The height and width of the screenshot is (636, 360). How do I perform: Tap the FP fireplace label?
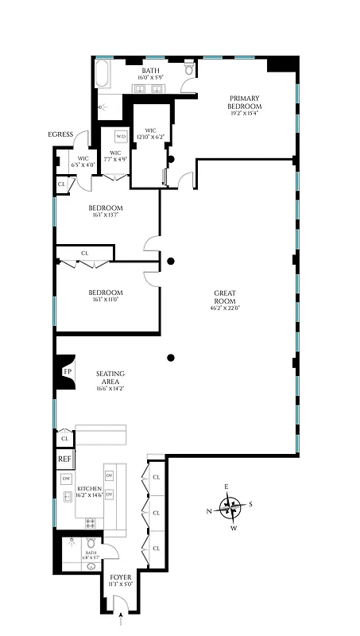(x=67, y=371)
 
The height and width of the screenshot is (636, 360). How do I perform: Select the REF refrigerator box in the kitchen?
(x=64, y=460)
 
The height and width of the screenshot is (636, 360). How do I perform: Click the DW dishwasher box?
(x=65, y=479)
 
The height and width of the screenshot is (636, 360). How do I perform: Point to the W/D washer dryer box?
(x=120, y=137)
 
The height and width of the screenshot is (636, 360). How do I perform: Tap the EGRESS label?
(x=60, y=134)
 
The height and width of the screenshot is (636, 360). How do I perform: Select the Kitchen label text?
(x=87, y=489)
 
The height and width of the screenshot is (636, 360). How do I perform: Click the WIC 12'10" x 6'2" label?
(x=148, y=134)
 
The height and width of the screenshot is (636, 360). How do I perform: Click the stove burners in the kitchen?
(x=90, y=523)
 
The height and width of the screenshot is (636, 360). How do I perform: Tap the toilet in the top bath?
(x=188, y=71)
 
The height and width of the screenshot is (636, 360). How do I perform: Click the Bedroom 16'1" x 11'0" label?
(x=104, y=295)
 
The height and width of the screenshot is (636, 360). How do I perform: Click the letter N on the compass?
(x=210, y=511)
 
